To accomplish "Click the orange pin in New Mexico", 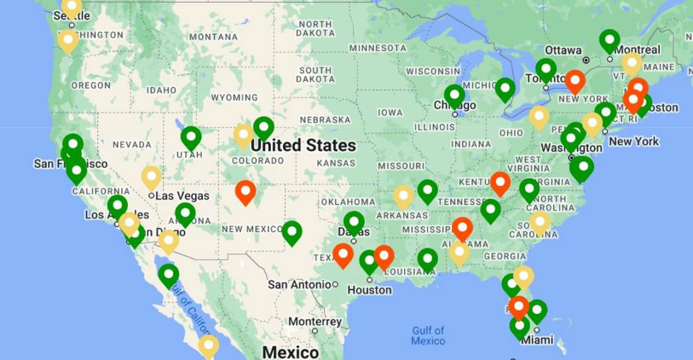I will [x=245, y=192].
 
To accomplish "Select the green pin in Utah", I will [x=192, y=137].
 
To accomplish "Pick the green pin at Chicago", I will [x=455, y=95].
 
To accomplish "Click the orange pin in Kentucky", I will [x=500, y=182].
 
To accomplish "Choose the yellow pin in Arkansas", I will [x=403, y=196].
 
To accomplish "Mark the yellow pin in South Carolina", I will [x=540, y=221].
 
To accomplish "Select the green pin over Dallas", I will [x=354, y=222].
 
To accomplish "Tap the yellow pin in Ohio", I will [x=539, y=116].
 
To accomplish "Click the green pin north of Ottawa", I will [x=610, y=41].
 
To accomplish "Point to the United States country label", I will [x=303, y=145].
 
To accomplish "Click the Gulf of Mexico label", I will [x=428, y=336].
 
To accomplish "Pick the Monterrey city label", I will [x=315, y=321].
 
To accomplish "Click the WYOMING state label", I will [x=233, y=97].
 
